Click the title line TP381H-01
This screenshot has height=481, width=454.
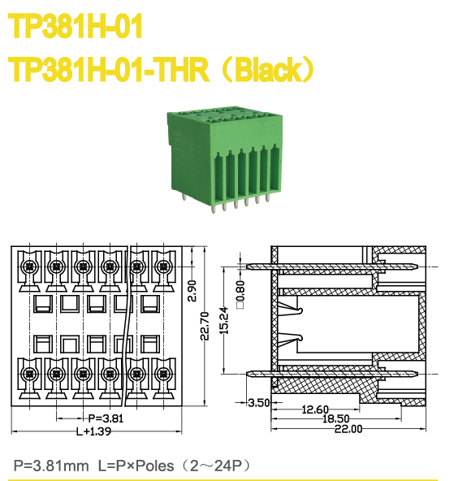point(76,28)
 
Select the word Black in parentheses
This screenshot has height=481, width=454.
point(268,71)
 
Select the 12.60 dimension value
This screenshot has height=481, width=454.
point(314,409)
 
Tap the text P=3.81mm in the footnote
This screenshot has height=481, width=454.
point(50,466)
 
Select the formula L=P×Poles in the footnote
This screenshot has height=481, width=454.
point(130,466)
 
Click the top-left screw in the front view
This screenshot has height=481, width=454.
point(28,266)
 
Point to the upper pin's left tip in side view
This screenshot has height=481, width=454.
point(247,266)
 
